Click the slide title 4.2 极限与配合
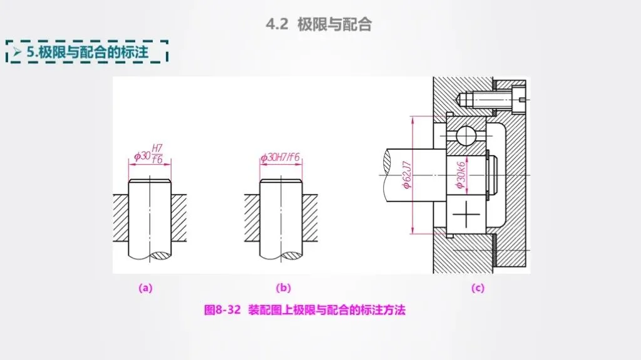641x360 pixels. pos(319,24)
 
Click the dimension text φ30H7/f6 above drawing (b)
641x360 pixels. pos(280,157)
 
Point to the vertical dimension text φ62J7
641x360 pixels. pos(407,175)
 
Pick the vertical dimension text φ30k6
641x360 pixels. pos(461,175)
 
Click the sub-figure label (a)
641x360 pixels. pos(145,288)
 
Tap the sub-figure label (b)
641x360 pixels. pos(284,288)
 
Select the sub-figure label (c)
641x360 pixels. pos(478,288)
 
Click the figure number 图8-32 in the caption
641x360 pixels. pos(222,310)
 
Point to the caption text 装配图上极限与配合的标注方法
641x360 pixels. pos(327,310)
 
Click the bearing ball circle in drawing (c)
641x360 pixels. pos(466,135)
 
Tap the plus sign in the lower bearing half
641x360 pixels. pos(466,214)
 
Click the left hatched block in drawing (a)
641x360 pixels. pos(121,218)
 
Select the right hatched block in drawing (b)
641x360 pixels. pos(310,218)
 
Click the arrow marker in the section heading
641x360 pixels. pos(17,52)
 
